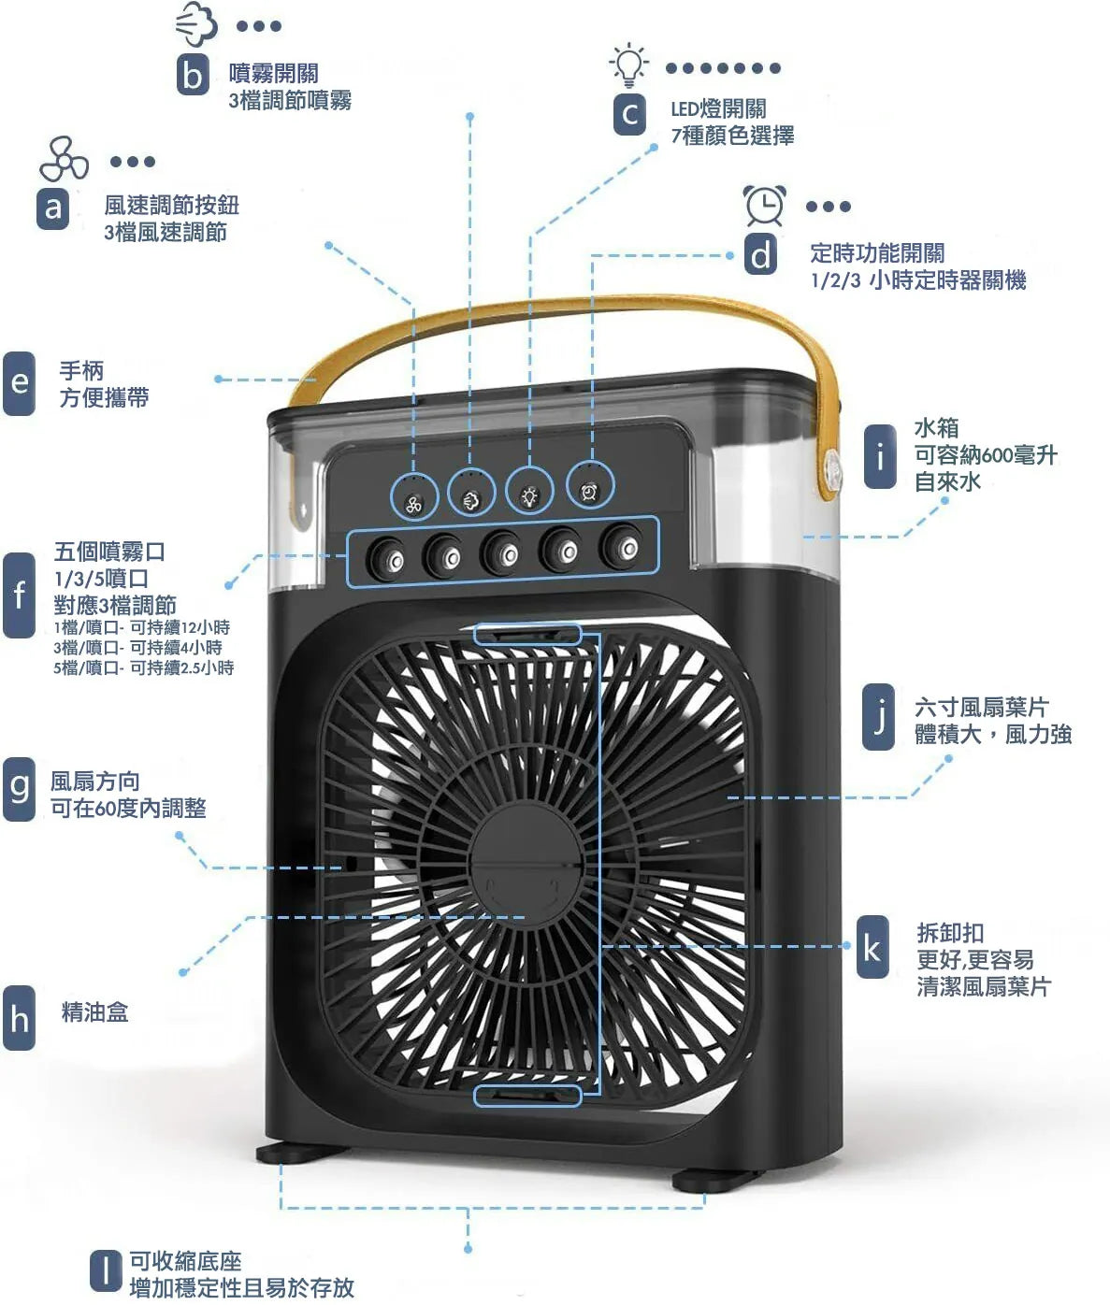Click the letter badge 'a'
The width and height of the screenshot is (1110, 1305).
(52, 208)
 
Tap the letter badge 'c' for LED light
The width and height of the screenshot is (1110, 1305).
(629, 114)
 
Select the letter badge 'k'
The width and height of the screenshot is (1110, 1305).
(872, 948)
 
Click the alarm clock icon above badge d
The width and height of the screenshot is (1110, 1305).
(764, 206)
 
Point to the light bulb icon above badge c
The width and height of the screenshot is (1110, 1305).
(629, 64)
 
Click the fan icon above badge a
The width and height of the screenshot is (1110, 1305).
(64, 160)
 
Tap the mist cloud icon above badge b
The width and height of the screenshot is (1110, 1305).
(196, 24)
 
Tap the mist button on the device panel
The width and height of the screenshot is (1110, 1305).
(471, 495)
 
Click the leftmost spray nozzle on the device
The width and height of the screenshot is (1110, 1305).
(385, 557)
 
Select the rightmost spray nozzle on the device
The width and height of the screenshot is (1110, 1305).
(622, 546)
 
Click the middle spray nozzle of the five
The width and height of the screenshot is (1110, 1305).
(502, 552)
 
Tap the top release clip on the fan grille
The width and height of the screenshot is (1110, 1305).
(527, 636)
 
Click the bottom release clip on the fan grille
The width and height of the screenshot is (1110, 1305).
(527, 1096)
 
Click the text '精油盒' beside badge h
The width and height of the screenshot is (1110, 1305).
(94, 1011)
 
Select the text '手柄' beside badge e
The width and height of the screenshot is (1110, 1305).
(81, 371)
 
